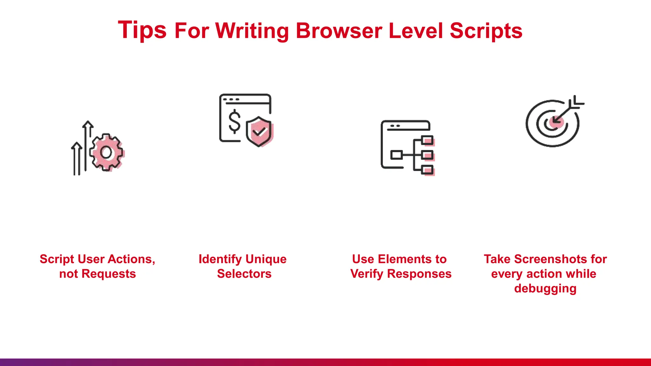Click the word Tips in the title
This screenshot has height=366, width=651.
142,30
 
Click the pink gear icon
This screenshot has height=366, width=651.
106,152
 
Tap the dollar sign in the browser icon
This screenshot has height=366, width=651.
235,121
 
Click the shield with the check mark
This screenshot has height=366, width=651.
259,131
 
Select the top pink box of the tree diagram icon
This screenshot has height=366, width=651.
428,140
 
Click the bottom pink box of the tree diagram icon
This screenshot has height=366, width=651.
428,170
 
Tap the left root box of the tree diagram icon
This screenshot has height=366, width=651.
396,155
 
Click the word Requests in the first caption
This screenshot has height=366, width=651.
108,274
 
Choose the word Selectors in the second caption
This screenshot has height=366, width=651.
244,274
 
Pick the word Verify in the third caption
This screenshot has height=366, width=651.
367,274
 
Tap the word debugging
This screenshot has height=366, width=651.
545,288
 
